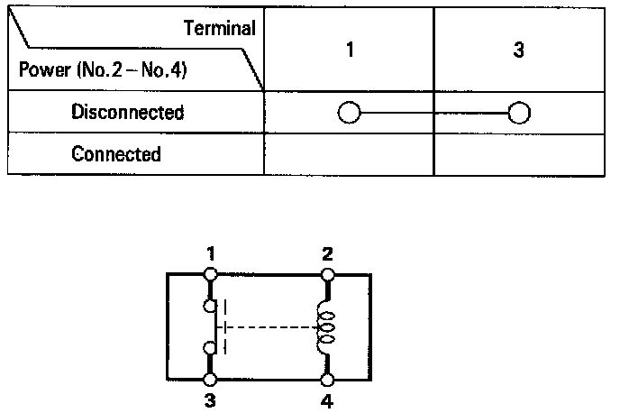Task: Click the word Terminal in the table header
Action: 220,28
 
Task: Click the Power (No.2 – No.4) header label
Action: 103,69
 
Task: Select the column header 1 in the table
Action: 349,50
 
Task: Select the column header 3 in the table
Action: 518,50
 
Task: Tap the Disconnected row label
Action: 127,113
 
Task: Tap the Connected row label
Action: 116,153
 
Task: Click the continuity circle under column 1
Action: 349,113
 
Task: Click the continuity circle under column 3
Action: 518,113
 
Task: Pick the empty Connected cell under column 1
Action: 349,154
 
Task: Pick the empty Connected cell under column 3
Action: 518,154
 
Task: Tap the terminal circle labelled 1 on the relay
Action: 210,273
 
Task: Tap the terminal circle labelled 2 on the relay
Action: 327,273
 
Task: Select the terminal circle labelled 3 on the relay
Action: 210,381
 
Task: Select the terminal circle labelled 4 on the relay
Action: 327,381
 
